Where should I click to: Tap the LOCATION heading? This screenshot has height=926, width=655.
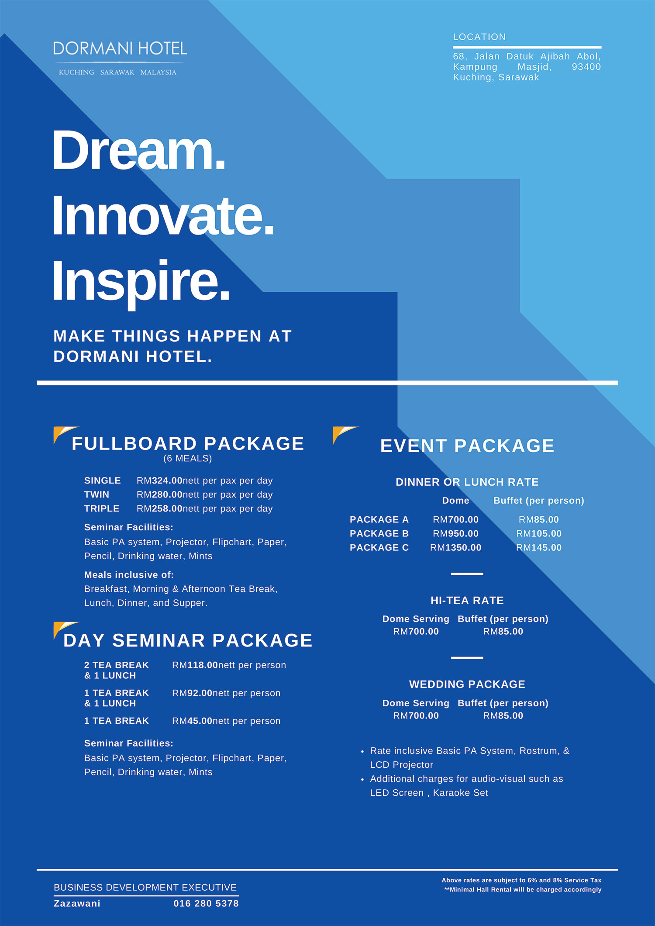(479, 37)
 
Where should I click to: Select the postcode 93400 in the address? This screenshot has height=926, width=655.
(586, 67)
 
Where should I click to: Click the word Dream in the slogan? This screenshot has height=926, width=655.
(138, 150)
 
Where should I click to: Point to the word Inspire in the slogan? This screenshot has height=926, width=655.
(141, 281)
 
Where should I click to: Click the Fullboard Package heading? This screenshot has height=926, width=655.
(188, 443)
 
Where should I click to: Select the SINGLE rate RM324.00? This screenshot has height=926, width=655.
(159, 480)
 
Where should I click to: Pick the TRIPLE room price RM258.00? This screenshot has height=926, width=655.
(159, 508)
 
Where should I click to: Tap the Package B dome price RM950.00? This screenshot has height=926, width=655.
(455, 533)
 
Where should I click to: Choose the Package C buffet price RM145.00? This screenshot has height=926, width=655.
(539, 547)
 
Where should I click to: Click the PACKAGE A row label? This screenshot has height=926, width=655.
(379, 519)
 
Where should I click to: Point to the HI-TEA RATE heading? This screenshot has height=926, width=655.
(467, 601)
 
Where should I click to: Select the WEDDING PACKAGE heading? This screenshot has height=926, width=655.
(467, 684)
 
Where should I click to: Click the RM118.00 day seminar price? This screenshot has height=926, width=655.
(195, 665)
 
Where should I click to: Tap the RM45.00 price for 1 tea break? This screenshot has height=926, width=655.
(192, 721)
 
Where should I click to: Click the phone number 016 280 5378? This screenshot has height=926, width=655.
(206, 903)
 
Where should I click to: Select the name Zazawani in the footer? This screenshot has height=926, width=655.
(77, 903)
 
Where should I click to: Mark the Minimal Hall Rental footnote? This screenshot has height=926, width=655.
(523, 889)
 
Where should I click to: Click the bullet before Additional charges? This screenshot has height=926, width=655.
(362, 780)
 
